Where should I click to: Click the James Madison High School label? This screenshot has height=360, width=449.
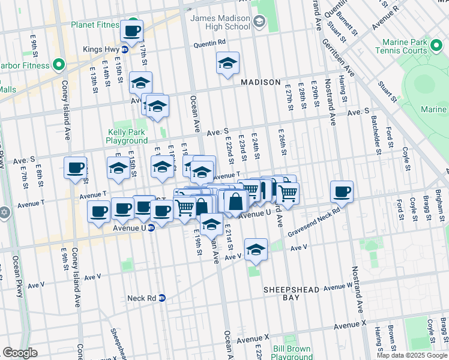click(x=220, y=23)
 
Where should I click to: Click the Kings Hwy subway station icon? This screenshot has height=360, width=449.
click(x=125, y=49)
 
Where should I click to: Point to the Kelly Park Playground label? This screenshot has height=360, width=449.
click(x=127, y=136)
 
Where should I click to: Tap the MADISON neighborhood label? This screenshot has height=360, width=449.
click(x=261, y=82)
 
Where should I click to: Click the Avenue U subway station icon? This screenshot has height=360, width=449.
click(x=151, y=228)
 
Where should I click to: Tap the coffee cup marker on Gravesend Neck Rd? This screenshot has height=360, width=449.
click(x=342, y=192)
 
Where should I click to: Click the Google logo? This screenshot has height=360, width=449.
click(x=20, y=353)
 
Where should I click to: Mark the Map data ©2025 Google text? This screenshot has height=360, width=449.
click(x=412, y=355)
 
